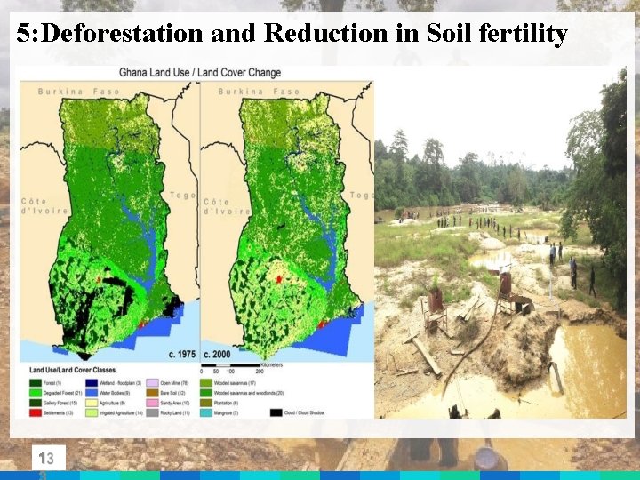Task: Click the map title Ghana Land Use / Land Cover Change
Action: pos(200,72)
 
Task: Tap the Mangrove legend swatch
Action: pos(207,412)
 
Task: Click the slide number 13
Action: pos(46,459)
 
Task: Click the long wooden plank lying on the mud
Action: pos(426,356)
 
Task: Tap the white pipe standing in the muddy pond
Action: pos(556,377)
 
